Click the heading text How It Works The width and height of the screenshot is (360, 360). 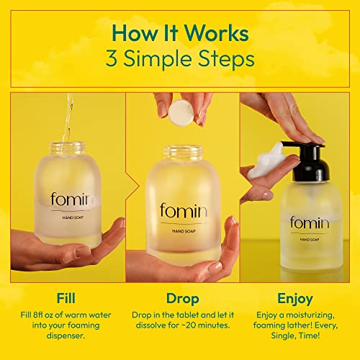[x=180, y=33]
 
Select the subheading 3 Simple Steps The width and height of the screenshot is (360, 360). [x=180, y=58]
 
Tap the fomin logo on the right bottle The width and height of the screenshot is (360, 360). [x=310, y=222]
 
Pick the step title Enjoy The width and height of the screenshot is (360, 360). [x=298, y=297]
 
